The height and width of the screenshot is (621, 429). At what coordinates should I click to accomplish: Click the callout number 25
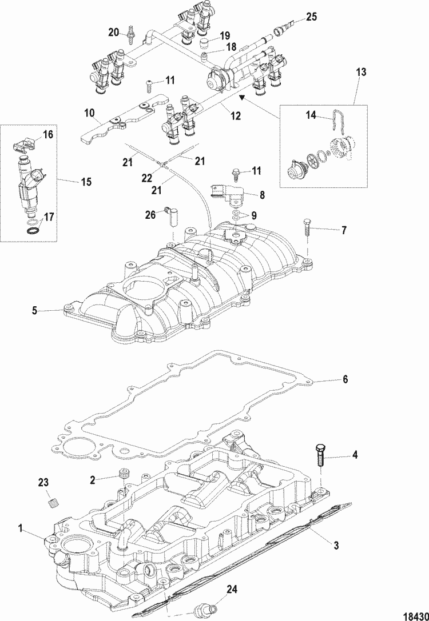pyautogui.click(x=311, y=18)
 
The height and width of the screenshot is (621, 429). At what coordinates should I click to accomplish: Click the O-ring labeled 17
pyautogui.click(x=34, y=231)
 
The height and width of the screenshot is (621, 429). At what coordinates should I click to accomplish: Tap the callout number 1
pyautogui.click(x=22, y=530)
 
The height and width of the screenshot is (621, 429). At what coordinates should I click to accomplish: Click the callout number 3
pyautogui.click(x=336, y=545)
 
